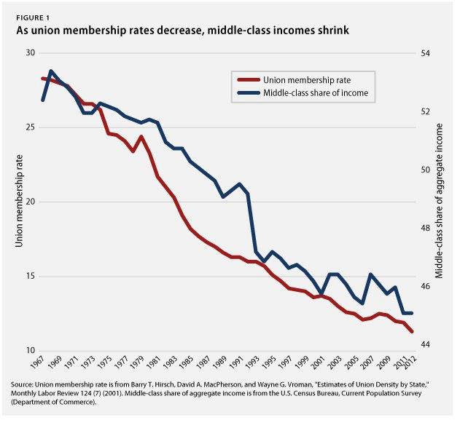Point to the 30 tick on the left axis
(29, 53)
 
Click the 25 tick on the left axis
(29, 127)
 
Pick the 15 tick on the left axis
(29, 276)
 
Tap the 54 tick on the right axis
(426, 53)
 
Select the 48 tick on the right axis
(426, 228)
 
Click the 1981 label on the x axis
(153, 365)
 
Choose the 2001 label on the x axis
(317, 365)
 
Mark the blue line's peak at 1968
(51, 71)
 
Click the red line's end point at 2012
(413, 332)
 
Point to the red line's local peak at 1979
(141, 136)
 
